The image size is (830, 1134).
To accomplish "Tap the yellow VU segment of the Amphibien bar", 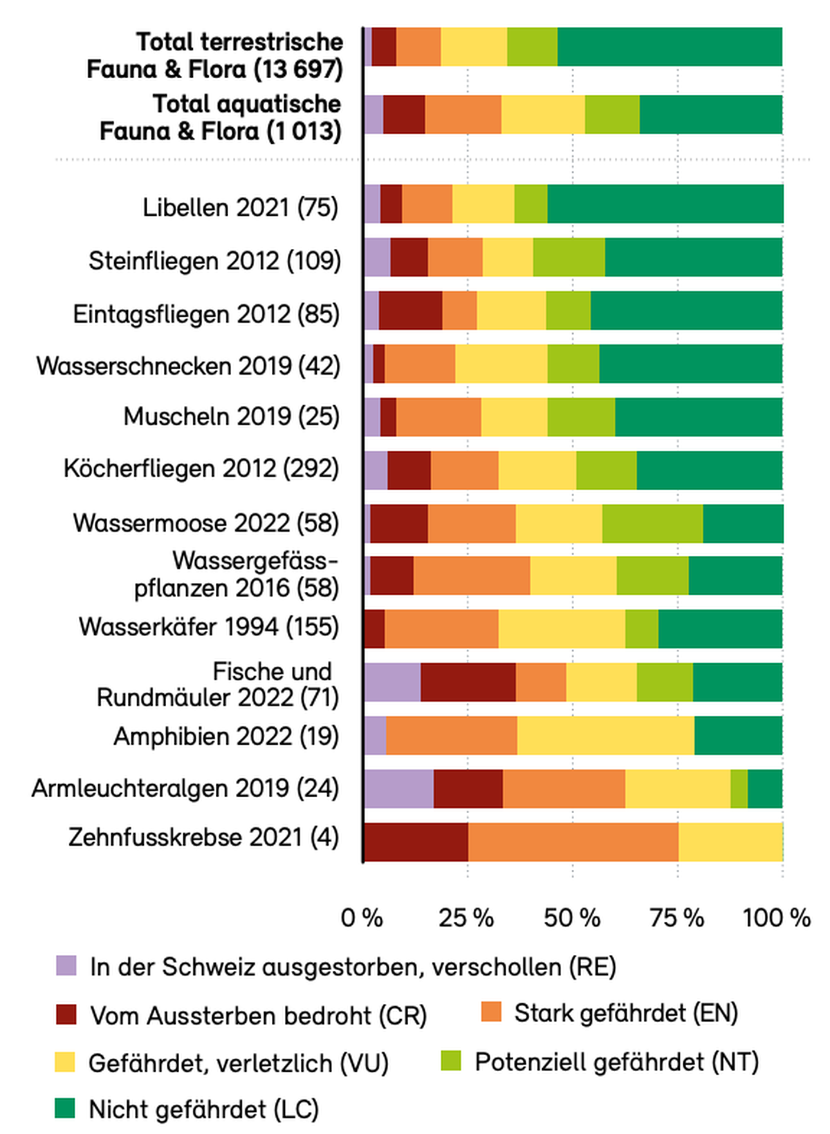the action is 606,735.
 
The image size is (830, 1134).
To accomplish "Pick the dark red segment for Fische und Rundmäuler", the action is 468,682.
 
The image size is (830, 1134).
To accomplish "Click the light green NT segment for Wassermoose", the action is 653,523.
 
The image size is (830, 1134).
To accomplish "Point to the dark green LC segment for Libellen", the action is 665,203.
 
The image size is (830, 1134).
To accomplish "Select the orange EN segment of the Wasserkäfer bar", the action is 441,629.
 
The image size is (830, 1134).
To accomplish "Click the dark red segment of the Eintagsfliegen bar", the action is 411,310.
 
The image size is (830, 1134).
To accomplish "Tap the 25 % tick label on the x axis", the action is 466,918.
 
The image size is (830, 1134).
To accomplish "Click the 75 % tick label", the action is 676,918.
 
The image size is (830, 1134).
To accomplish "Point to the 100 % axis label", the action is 776,918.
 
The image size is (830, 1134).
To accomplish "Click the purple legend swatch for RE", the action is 66,965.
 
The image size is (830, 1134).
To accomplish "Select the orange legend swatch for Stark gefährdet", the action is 490,1012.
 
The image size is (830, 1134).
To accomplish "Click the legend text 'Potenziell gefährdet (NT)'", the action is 617,1061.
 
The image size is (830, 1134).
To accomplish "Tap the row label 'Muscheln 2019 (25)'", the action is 232,417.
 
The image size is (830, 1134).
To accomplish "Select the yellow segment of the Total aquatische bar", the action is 544,114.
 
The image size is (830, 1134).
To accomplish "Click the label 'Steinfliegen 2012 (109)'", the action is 214,261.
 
